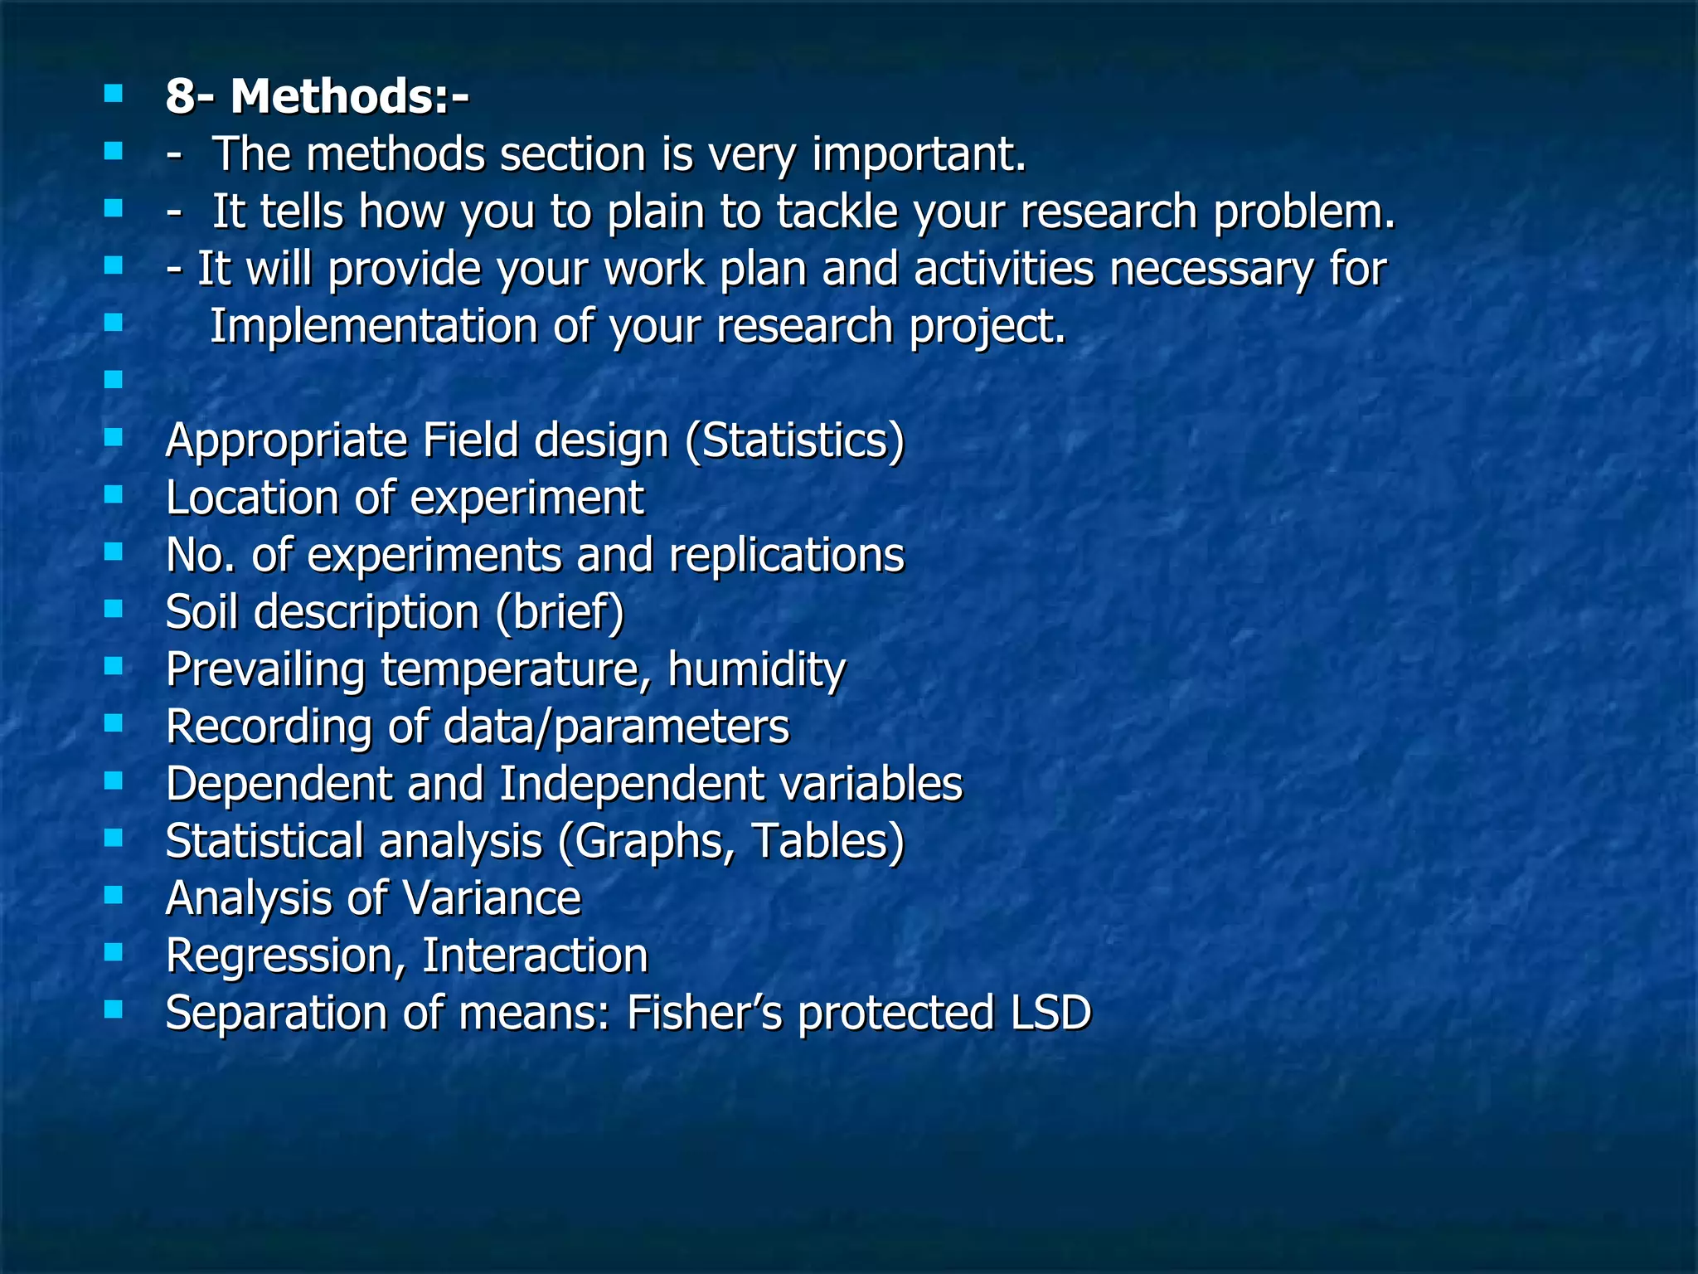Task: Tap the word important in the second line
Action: pos(919,155)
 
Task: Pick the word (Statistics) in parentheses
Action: pos(794,440)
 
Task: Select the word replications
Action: pos(786,555)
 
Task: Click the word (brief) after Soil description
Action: pos(560,612)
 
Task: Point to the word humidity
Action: pos(756,669)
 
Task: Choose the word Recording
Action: pos(269,727)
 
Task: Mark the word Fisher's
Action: pos(704,1013)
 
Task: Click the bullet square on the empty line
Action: pos(114,380)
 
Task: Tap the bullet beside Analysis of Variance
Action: pos(114,895)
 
